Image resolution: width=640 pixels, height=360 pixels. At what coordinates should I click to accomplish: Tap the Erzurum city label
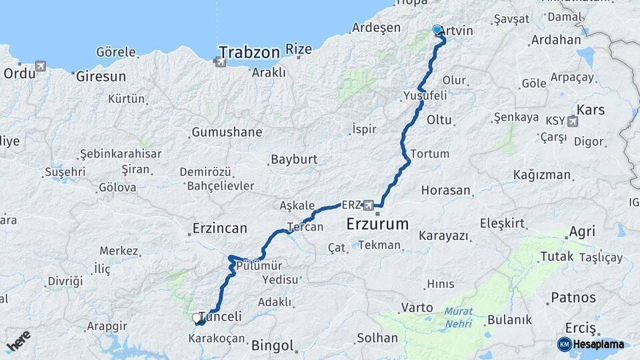(x=377, y=225)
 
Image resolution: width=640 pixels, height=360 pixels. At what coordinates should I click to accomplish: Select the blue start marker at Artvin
(x=437, y=30)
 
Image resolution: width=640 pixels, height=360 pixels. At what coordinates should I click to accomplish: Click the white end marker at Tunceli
(x=197, y=318)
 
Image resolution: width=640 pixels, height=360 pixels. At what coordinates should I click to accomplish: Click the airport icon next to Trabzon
(x=220, y=63)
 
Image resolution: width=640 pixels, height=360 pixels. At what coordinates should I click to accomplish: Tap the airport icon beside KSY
(x=573, y=122)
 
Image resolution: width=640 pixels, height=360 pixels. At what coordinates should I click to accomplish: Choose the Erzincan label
(x=219, y=228)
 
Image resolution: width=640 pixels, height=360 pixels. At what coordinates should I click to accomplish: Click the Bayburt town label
(x=293, y=160)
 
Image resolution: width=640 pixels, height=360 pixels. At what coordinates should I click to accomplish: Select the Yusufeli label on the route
(x=425, y=96)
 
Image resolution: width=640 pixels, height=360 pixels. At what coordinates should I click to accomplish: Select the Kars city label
(x=590, y=109)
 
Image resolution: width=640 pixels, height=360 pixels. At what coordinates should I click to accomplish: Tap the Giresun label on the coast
(x=101, y=76)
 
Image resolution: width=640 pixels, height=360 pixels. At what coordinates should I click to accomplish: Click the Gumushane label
(x=227, y=132)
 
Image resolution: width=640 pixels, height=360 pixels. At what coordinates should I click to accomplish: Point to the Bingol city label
(x=272, y=345)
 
